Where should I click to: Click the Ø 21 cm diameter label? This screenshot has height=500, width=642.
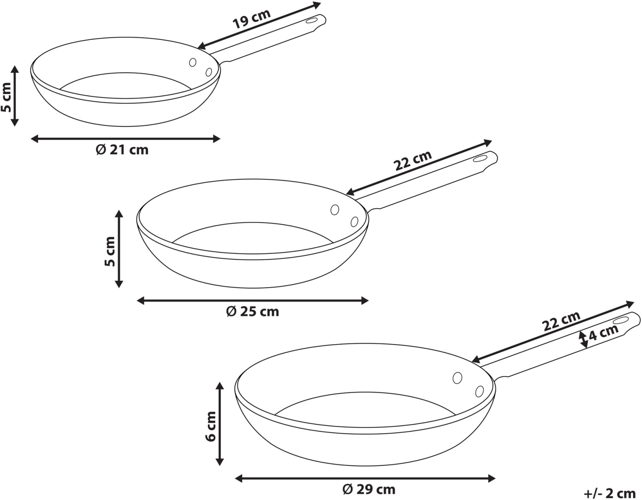pos(122,150)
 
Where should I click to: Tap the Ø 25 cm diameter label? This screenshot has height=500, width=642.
pos(253,312)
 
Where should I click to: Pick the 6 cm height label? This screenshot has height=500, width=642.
pos(211,426)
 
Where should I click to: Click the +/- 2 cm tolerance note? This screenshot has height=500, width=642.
pos(609,493)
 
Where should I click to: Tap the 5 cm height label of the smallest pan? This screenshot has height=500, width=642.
pos(6,97)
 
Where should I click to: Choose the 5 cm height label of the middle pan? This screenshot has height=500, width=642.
pos(110,251)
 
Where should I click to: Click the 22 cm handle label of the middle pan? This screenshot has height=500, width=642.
pos(413,161)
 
